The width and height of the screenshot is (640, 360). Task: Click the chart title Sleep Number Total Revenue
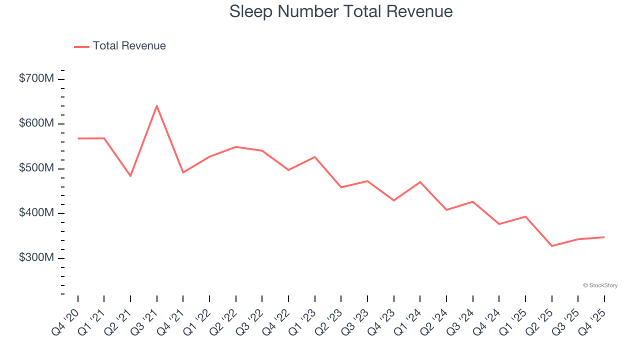(341, 11)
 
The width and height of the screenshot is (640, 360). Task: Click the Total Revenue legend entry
(120, 46)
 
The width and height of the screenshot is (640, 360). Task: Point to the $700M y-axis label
(36, 78)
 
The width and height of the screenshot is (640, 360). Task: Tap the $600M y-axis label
(36, 123)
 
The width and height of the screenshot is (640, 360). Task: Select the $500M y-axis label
(36, 168)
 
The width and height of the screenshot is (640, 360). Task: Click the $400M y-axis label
(36, 213)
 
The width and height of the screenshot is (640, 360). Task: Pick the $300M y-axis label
(36, 257)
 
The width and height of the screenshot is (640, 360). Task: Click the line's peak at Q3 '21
(157, 105)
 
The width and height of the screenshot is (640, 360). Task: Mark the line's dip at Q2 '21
(130, 176)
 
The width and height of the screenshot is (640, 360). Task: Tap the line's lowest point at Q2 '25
(551, 246)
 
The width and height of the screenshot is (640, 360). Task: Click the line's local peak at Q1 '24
(420, 182)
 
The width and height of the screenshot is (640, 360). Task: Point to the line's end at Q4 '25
(604, 237)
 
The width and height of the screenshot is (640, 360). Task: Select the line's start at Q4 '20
(78, 138)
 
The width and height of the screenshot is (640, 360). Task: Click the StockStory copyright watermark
(600, 285)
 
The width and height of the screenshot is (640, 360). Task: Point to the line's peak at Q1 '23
(314, 157)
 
